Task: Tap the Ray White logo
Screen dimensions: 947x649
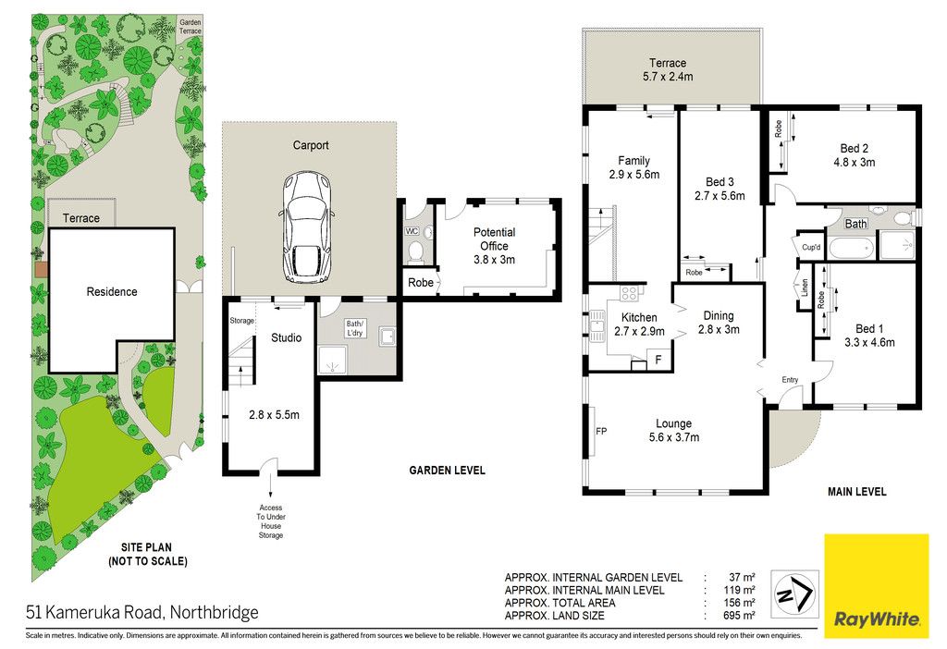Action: (x=877, y=585)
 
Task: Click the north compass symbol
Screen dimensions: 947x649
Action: (x=794, y=594)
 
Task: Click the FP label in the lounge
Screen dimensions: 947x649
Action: (x=601, y=431)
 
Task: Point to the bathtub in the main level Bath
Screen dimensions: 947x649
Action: (x=852, y=248)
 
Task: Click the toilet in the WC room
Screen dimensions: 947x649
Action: (x=415, y=251)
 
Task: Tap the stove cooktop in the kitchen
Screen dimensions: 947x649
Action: (x=629, y=293)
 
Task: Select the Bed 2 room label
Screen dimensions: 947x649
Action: (x=854, y=155)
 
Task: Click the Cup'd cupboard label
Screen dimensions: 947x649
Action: (x=810, y=248)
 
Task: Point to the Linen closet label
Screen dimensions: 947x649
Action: (x=805, y=288)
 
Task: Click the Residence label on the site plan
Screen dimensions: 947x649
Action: (x=112, y=291)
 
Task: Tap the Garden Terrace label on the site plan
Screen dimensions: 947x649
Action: (x=190, y=27)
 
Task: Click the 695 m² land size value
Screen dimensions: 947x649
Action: (x=739, y=616)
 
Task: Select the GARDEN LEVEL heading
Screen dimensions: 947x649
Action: (x=447, y=471)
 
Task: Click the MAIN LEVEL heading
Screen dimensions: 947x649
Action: (x=856, y=492)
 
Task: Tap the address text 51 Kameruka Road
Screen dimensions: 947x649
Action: (x=94, y=613)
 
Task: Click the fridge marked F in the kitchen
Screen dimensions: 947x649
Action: (x=658, y=360)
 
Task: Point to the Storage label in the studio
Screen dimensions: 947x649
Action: (x=241, y=321)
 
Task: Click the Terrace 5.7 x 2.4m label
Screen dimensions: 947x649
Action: (x=668, y=69)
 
